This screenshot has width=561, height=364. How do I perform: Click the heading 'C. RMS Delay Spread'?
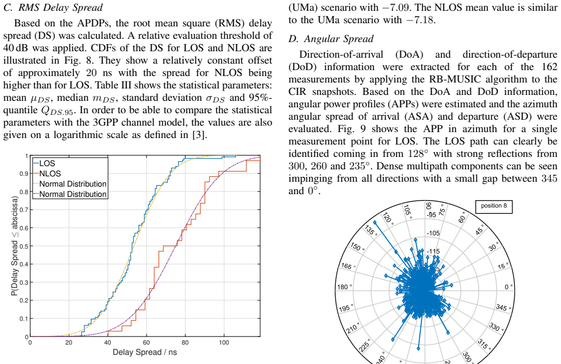pyautogui.click(x=53, y=8)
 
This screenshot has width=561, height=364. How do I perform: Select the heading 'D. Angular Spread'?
pyautogui.click(x=331, y=39)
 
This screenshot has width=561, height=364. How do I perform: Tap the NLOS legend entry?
pyautogui.click(x=47, y=174)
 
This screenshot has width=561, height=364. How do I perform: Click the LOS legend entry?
pyautogui.click(x=44, y=163)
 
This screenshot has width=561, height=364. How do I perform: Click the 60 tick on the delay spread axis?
pyautogui.click(x=147, y=342)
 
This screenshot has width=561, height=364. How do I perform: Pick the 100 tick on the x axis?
pyautogui.click(x=224, y=342)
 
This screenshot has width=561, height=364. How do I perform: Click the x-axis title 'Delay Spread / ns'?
pyautogui.click(x=144, y=352)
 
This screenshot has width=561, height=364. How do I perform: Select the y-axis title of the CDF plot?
pyautogui.click(x=15, y=246)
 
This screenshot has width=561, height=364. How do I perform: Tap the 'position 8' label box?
pyautogui.click(x=494, y=206)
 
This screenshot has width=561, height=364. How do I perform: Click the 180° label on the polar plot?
pyautogui.click(x=344, y=287)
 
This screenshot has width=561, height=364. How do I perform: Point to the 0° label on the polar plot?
pyautogui.click(x=508, y=287)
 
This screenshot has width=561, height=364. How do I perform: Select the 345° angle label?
pyautogui.click(x=503, y=307)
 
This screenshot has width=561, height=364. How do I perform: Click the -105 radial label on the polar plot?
pyautogui.click(x=433, y=233)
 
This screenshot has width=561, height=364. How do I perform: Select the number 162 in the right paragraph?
pyautogui.click(x=549, y=67)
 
